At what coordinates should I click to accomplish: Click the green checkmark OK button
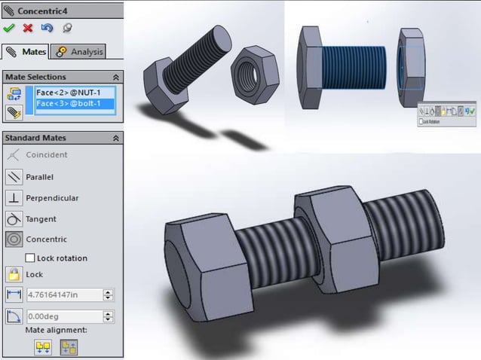tap(9, 28)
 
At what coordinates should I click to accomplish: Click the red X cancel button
tap(28, 28)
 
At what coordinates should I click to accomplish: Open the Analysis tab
tap(79, 52)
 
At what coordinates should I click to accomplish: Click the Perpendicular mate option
tap(51, 198)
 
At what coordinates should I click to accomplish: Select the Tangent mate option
tap(41, 219)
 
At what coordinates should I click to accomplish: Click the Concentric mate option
tap(45, 239)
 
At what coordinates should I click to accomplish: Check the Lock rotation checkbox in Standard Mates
tap(31, 258)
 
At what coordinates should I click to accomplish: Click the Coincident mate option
tap(46, 155)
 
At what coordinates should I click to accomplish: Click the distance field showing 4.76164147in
tap(64, 296)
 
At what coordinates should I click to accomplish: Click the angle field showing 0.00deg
tap(64, 317)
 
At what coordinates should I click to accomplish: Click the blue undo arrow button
tap(47, 28)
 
